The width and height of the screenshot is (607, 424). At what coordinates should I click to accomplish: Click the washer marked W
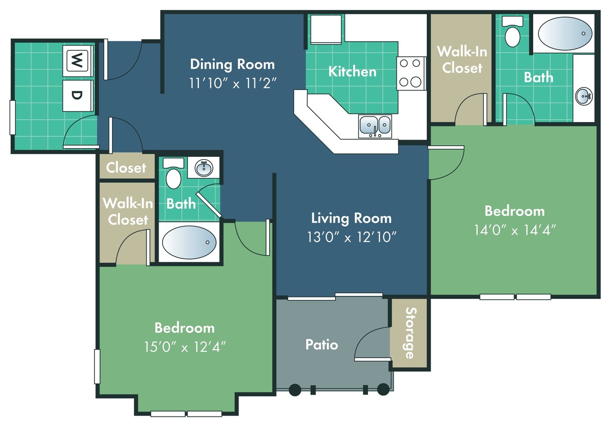coord(77,61)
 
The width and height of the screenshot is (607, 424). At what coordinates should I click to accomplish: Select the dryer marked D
coord(77,95)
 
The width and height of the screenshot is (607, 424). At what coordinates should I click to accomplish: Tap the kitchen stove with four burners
coord(411,73)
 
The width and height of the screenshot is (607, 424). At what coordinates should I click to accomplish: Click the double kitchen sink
coord(375,125)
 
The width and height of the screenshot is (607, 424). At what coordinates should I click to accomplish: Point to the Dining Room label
coord(232,64)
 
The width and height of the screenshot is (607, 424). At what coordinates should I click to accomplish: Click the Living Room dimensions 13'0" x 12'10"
coord(351,237)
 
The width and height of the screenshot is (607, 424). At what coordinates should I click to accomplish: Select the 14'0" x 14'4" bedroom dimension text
coord(515,230)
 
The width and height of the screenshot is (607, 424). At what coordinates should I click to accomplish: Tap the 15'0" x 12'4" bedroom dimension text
coord(184,347)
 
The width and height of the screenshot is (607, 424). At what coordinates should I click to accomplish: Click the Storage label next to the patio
coord(409,333)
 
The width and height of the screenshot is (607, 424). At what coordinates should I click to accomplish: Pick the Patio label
coord(321,345)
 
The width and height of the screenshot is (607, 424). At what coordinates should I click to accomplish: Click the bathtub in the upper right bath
coord(563,33)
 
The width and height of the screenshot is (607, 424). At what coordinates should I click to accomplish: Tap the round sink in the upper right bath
coord(583,95)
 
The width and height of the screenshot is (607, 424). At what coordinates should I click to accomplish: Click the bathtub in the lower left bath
coord(189,243)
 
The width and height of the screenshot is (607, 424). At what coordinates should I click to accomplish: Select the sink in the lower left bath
coord(204,168)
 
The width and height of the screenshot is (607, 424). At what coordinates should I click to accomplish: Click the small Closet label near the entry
coord(126,168)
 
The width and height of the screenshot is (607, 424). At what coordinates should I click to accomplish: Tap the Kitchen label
coord(352,71)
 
